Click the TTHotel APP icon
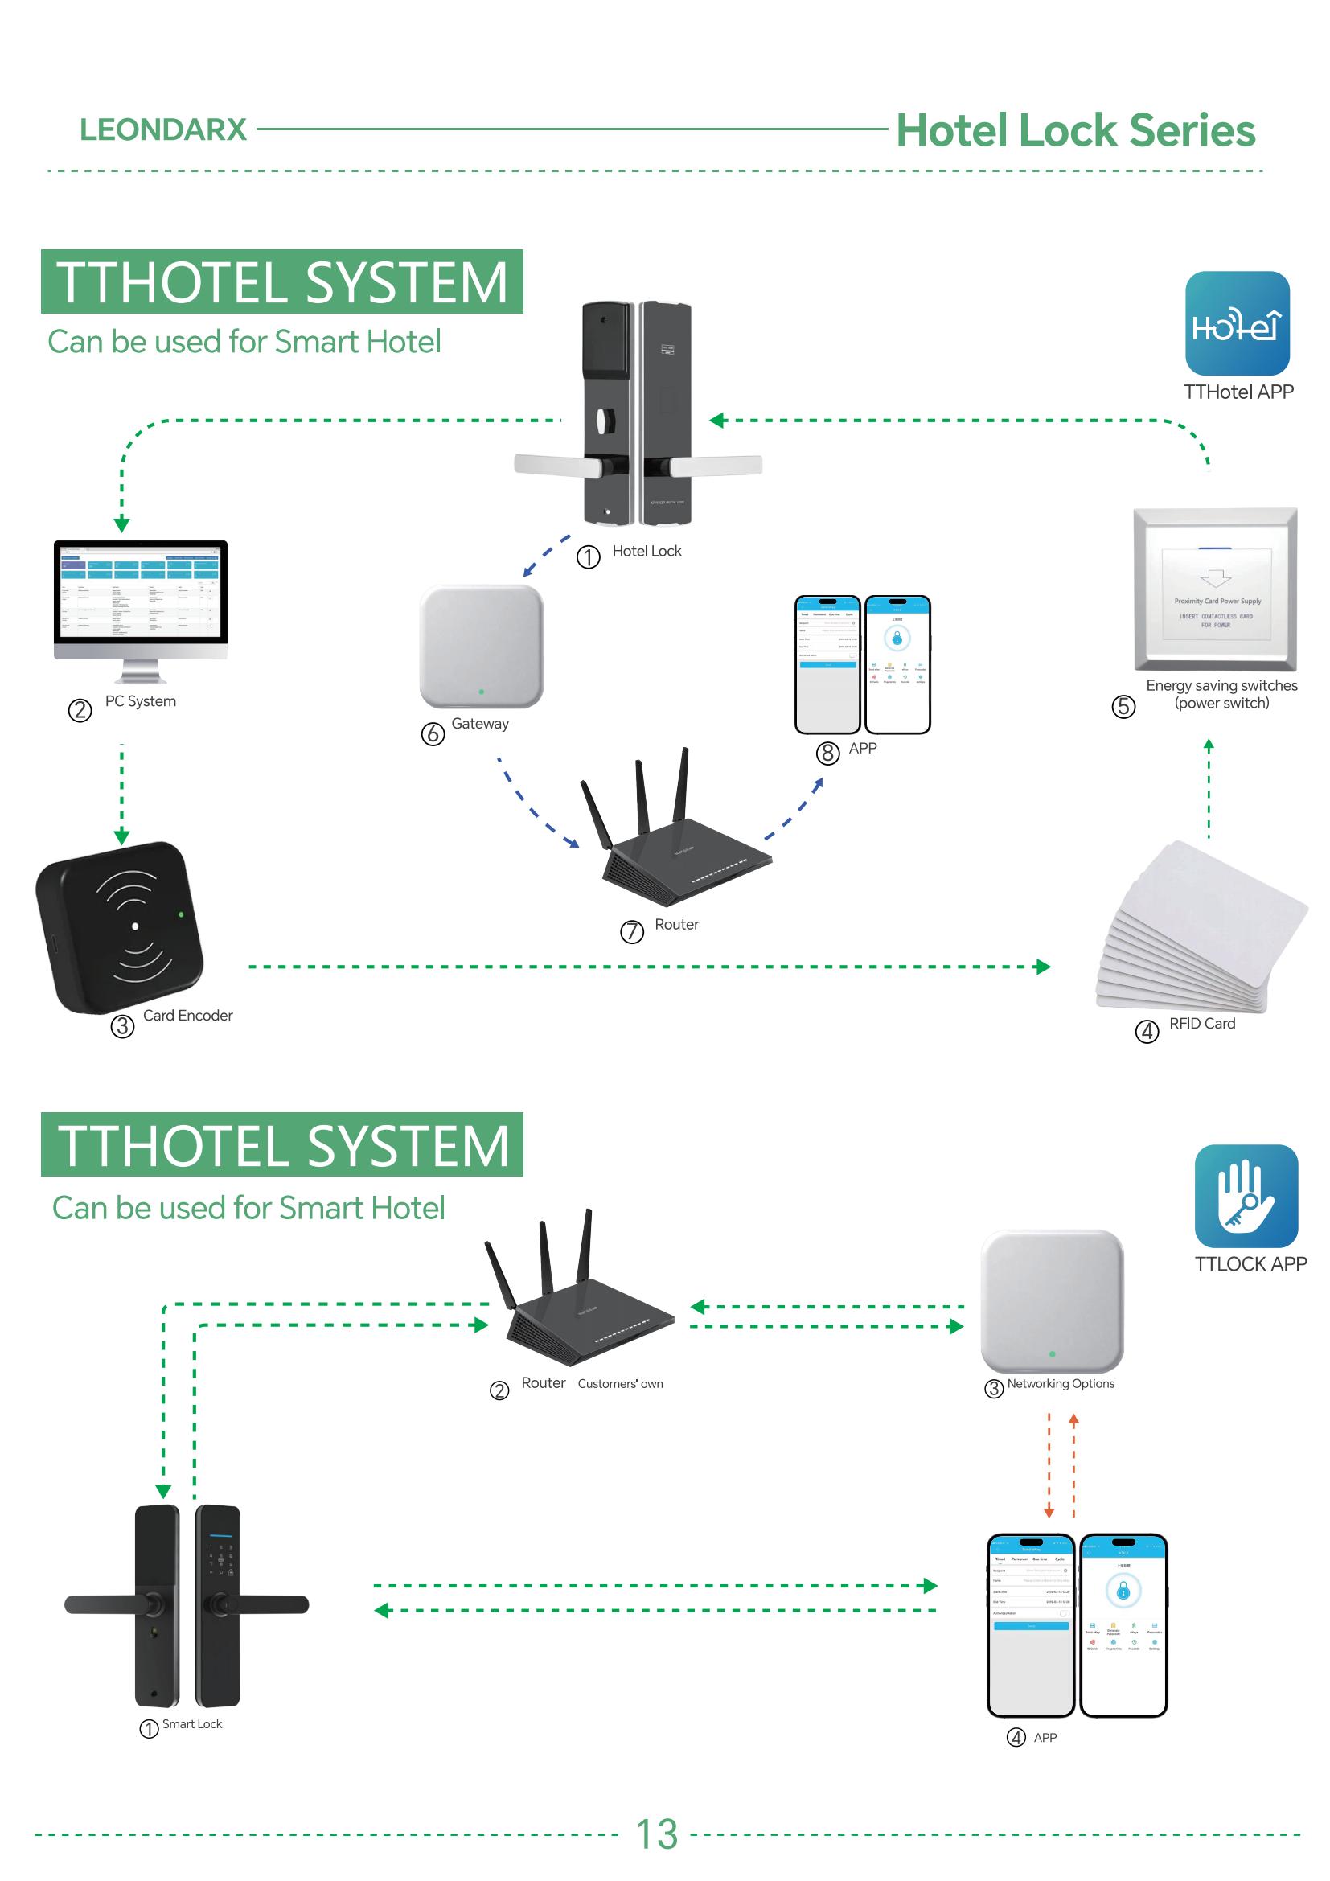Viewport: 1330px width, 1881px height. point(1237,323)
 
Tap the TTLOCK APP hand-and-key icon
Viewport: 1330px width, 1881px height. point(1246,1196)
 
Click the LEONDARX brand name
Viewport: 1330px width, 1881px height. point(163,129)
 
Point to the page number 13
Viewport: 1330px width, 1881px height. point(657,1834)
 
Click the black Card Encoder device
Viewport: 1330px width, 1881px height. point(119,926)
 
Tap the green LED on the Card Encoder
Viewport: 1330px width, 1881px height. point(181,914)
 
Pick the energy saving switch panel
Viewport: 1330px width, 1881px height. point(1214,588)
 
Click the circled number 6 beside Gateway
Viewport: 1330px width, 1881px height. point(433,733)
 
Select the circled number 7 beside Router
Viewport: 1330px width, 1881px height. point(631,932)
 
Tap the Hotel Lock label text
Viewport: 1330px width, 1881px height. point(647,552)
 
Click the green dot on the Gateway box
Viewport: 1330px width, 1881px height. point(481,692)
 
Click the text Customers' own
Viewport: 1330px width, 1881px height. point(620,1384)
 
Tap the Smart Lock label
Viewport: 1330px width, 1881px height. point(191,1723)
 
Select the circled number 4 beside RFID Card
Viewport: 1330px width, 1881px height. point(1147,1032)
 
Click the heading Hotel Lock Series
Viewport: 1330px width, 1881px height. point(1074,130)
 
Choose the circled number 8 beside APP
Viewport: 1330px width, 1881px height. point(828,753)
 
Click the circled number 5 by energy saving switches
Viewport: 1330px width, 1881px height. point(1123,706)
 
